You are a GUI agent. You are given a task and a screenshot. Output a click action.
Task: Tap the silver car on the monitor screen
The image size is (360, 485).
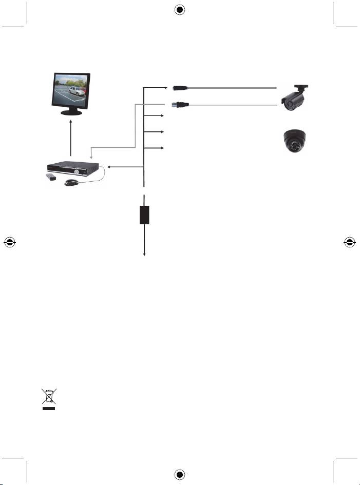[x=76, y=91]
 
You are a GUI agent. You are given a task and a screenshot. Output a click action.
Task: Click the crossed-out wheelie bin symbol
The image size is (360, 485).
[x=49, y=397]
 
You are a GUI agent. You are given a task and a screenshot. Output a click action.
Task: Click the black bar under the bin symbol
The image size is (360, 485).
[x=49, y=408]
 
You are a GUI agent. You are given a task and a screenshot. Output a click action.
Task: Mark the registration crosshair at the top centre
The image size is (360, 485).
[x=180, y=10]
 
